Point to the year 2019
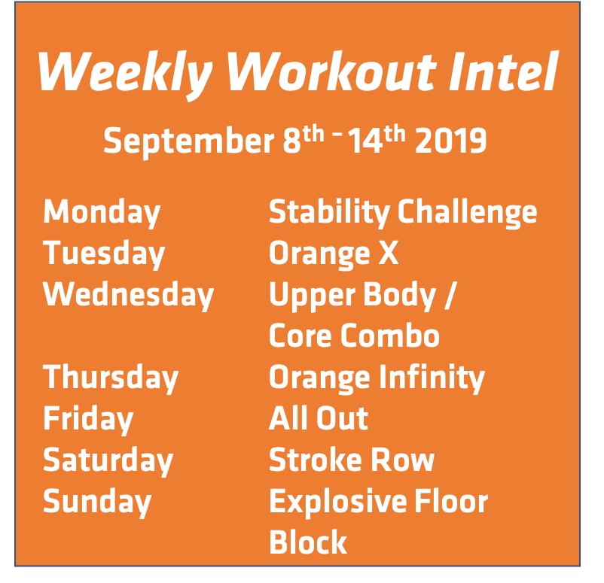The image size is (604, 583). [x=450, y=141]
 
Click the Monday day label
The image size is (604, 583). [x=102, y=213]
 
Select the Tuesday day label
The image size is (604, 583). [x=104, y=254]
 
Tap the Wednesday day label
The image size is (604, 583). [x=129, y=295]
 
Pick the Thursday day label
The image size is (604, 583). [x=111, y=378]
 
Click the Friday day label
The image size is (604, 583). [x=88, y=419]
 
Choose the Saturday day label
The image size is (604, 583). [x=108, y=460]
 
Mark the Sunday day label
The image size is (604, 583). [x=97, y=502]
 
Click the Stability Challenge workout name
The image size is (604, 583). [x=403, y=213]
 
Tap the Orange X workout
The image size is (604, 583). [x=333, y=254]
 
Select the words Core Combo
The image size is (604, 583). [x=354, y=336]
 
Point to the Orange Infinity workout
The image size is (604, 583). [x=377, y=378]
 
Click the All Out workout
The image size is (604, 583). [x=319, y=419]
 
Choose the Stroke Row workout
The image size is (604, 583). [x=352, y=460]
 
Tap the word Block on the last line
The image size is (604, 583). [x=308, y=542]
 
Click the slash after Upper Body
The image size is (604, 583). [x=450, y=296]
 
